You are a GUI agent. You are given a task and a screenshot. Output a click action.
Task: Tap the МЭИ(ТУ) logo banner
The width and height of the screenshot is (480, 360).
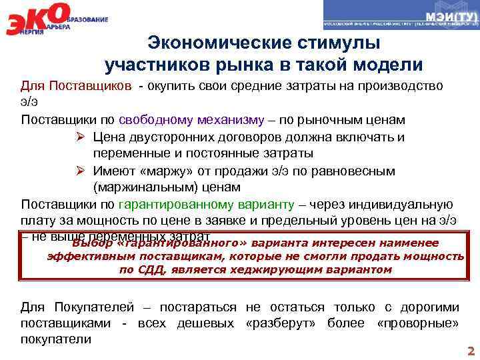tap(401, 15)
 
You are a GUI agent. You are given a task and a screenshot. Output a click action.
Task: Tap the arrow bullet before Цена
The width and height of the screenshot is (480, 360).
tap(79, 137)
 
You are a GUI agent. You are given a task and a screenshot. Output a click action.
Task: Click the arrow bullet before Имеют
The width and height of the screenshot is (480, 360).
tap(79, 171)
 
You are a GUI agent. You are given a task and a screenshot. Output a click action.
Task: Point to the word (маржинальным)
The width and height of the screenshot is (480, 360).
tap(141, 187)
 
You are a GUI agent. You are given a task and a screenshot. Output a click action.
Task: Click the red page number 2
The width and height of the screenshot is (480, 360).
tap(471, 351)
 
